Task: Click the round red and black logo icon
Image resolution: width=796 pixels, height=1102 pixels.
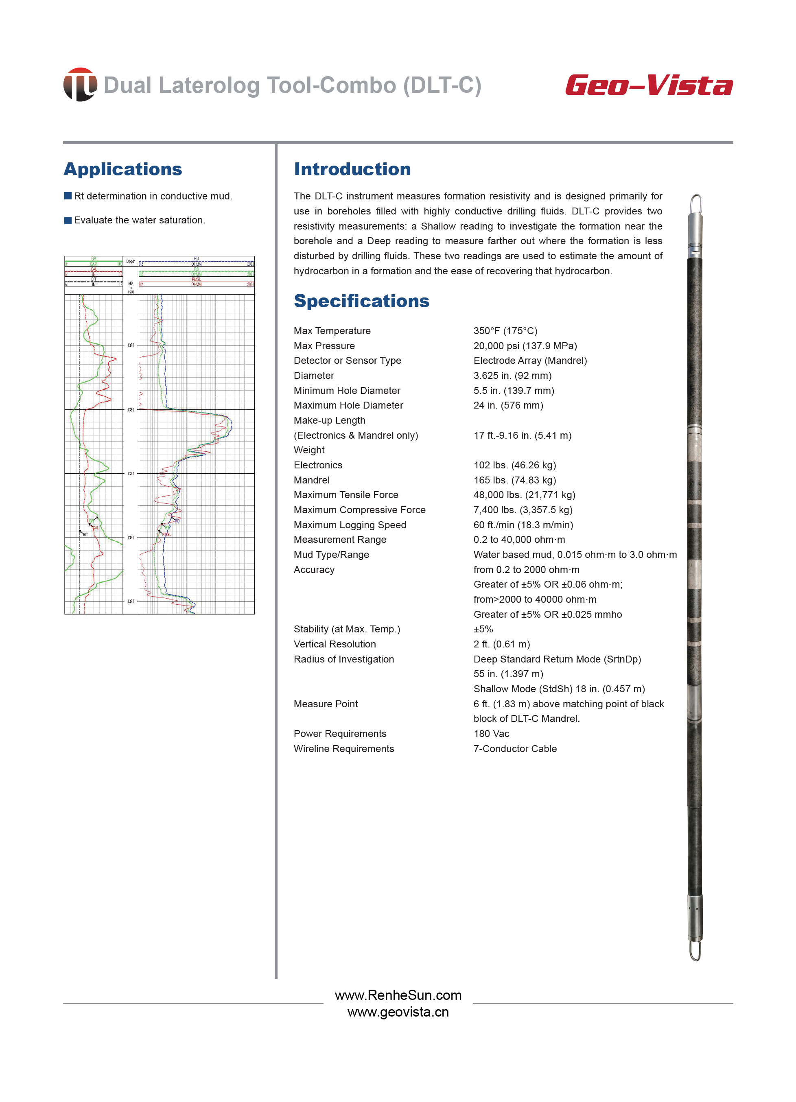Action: (x=80, y=85)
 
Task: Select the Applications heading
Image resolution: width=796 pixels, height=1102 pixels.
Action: (x=123, y=169)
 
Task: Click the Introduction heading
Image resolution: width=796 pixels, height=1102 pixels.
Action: (x=352, y=169)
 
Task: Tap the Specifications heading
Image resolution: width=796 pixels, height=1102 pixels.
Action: (x=361, y=301)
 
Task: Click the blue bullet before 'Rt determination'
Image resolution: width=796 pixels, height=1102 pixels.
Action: (x=68, y=196)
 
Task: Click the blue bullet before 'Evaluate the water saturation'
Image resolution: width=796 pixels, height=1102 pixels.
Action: (x=68, y=220)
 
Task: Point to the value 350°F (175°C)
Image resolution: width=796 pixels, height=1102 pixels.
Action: (x=505, y=331)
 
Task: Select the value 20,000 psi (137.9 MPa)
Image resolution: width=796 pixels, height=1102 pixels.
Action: (x=525, y=346)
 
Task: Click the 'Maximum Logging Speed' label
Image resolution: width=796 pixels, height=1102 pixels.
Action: (x=350, y=525)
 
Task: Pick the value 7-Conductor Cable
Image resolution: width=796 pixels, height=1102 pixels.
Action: (x=515, y=749)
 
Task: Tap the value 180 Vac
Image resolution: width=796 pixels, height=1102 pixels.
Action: (x=491, y=734)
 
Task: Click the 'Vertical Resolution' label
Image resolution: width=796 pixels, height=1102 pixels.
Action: (x=335, y=644)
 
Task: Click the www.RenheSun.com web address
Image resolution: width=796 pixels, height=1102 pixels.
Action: (x=398, y=995)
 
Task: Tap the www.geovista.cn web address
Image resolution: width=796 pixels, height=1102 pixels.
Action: (x=398, y=1012)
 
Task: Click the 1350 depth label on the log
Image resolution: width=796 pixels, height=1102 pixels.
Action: (x=131, y=345)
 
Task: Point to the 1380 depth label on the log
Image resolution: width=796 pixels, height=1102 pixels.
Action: (x=131, y=538)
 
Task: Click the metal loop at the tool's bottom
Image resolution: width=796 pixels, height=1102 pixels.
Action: (x=695, y=951)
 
